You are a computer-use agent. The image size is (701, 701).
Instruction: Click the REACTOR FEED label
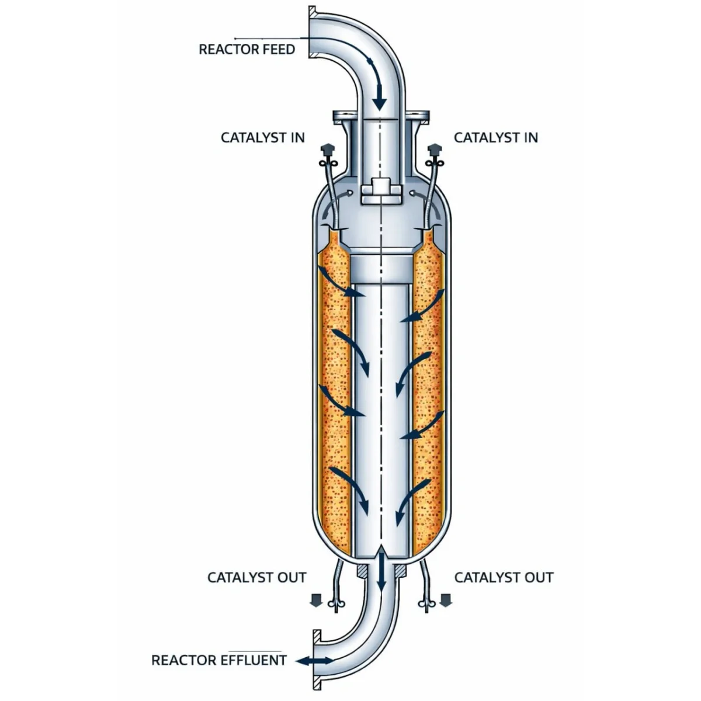pyautogui.click(x=247, y=50)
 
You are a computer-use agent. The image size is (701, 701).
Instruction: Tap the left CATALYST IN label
pyautogui.click(x=263, y=137)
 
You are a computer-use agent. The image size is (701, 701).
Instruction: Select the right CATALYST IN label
pyautogui.click(x=496, y=137)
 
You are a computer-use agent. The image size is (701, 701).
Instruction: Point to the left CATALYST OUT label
pyautogui.click(x=257, y=577)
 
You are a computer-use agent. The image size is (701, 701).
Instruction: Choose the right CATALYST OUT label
pyautogui.click(x=504, y=577)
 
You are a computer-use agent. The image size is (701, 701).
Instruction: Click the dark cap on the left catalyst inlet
pyautogui.click(x=327, y=149)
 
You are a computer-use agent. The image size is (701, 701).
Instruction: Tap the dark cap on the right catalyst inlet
pyautogui.click(x=435, y=149)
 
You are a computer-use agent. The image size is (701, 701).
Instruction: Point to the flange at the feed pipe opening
pyautogui.click(x=312, y=32)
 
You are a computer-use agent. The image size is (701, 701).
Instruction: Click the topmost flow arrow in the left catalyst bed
pyautogui.click(x=341, y=282)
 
